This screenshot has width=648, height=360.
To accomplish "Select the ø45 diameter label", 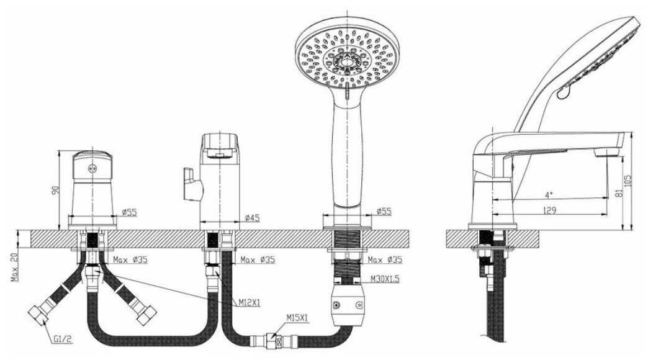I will click(252, 218).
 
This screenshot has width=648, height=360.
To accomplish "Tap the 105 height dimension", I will click(635, 179).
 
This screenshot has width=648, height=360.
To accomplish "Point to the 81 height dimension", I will click(618, 192).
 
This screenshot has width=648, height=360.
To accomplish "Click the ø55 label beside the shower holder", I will click(385, 212).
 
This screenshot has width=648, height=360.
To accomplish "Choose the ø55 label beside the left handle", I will click(129, 212).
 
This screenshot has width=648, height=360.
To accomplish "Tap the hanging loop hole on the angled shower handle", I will click(563, 92).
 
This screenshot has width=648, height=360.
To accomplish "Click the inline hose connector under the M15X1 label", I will click(272, 341).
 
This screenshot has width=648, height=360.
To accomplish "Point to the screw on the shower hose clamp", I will click(339, 305).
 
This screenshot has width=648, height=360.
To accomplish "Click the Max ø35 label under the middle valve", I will click(257, 259).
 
